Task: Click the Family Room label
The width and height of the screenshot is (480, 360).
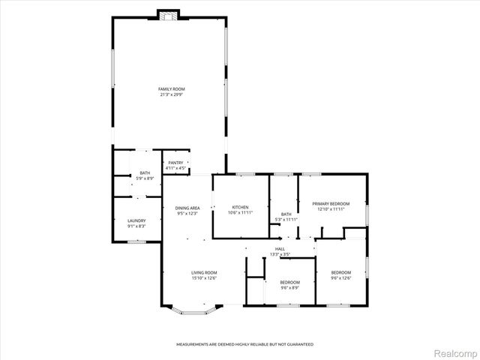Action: point(172,89)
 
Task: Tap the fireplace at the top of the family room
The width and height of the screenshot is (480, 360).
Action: point(169,14)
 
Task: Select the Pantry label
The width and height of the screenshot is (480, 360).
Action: point(175,163)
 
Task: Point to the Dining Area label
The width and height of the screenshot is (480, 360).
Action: point(187,208)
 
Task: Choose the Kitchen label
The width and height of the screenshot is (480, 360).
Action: point(239,207)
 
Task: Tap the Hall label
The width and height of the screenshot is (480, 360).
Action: point(280,249)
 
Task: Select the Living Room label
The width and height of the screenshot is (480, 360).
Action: point(204,272)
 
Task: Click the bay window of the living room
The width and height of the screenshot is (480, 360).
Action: point(193,307)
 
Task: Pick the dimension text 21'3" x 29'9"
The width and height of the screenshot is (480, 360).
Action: point(172,94)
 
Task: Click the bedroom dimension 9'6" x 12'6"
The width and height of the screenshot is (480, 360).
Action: point(341,277)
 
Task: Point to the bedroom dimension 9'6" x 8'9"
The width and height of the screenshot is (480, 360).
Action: point(289,287)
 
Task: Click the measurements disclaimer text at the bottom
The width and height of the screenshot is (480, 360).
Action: point(244,344)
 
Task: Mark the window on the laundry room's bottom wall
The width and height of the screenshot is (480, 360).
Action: point(136,241)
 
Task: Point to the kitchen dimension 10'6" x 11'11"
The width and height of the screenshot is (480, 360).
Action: point(239,212)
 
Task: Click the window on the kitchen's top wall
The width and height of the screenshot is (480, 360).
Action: point(244,175)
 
